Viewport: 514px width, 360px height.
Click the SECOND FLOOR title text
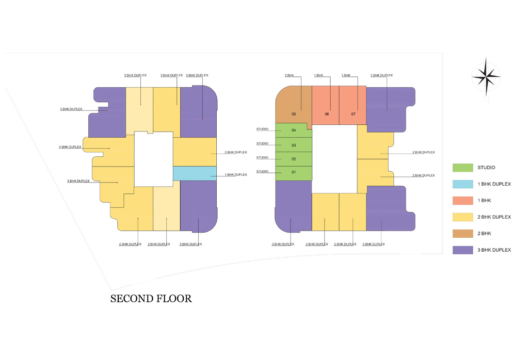point(151,299)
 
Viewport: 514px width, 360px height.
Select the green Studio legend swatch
point(462,168)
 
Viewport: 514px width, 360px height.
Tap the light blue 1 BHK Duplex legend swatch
point(462,184)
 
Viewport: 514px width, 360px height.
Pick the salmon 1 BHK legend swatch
point(462,201)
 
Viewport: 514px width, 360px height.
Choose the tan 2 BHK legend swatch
point(462,234)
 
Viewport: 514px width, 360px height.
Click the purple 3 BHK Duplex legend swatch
point(462,250)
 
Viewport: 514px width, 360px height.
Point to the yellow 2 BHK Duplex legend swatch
point(462,217)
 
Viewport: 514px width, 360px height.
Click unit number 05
point(294,114)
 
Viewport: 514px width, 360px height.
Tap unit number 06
point(327,114)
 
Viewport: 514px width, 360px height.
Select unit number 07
point(354,114)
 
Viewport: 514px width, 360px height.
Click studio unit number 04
point(294,130)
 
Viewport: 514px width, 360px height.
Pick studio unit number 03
point(294,145)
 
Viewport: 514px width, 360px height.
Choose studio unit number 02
point(294,159)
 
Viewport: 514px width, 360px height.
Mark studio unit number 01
point(294,172)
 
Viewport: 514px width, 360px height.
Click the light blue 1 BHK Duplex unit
point(195,173)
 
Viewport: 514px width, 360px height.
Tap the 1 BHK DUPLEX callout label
point(236,175)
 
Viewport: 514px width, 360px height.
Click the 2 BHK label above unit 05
point(289,76)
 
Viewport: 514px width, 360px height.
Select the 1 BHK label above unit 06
point(318,76)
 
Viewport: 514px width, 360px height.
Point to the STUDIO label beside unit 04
point(262,129)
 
